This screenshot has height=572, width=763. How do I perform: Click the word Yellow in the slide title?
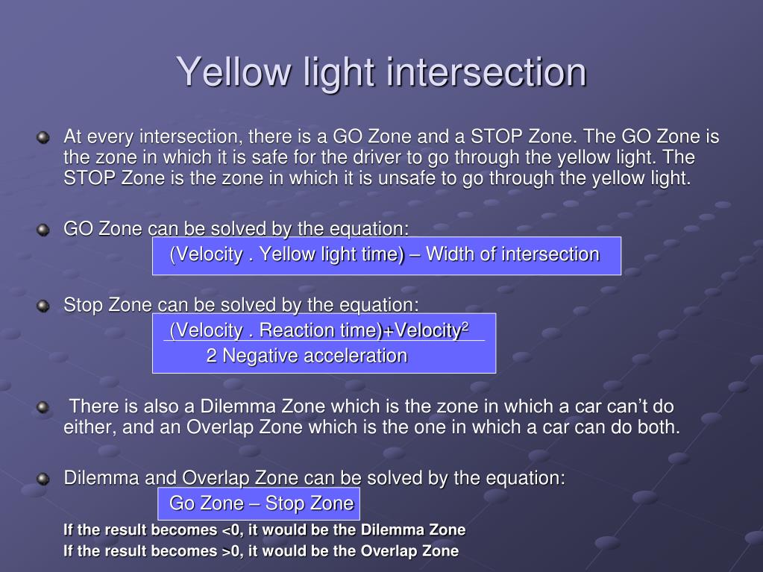pos(231,73)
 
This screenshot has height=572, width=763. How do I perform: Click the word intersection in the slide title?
pos(487,73)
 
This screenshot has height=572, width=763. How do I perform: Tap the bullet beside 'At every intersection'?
pos(43,139)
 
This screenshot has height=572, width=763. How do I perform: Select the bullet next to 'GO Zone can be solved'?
pos(43,230)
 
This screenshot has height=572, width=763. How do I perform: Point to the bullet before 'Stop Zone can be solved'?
pos(43,306)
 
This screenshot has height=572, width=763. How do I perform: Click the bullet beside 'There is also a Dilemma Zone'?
pos(43,408)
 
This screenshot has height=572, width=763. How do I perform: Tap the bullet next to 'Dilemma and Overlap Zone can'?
pos(43,480)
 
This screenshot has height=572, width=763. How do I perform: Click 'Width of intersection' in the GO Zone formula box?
pos(512,254)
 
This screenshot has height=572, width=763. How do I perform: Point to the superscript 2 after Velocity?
pos(465,326)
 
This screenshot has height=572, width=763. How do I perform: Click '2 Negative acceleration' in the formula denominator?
pos(307,356)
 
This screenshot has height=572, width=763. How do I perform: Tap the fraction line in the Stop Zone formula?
pos(324,341)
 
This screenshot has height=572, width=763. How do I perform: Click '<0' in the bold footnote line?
pos(233,530)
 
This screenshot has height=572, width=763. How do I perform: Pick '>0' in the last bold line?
pos(233,552)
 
